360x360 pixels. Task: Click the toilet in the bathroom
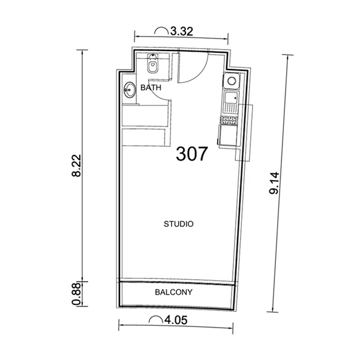(153, 66)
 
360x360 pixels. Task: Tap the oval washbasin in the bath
(130, 91)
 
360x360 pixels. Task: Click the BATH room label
(151, 88)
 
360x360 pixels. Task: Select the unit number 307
(192, 154)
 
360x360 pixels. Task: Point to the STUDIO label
(178, 224)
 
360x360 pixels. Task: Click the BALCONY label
(173, 293)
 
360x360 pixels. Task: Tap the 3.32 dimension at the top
(181, 33)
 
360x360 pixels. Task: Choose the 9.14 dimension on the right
(274, 181)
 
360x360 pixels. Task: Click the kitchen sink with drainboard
(230, 101)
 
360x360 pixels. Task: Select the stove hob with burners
(230, 121)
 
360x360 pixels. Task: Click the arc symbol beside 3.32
(161, 29)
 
